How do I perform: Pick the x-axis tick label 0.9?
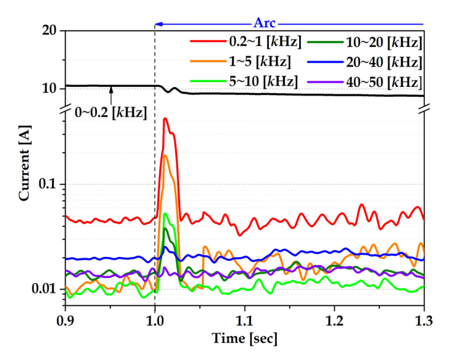(65, 321)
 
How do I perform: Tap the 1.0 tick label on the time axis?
(155, 321)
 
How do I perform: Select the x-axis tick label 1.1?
(244, 321)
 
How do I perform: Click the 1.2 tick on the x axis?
(334, 321)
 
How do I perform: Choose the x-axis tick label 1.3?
(424, 321)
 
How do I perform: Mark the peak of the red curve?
(165, 118)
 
